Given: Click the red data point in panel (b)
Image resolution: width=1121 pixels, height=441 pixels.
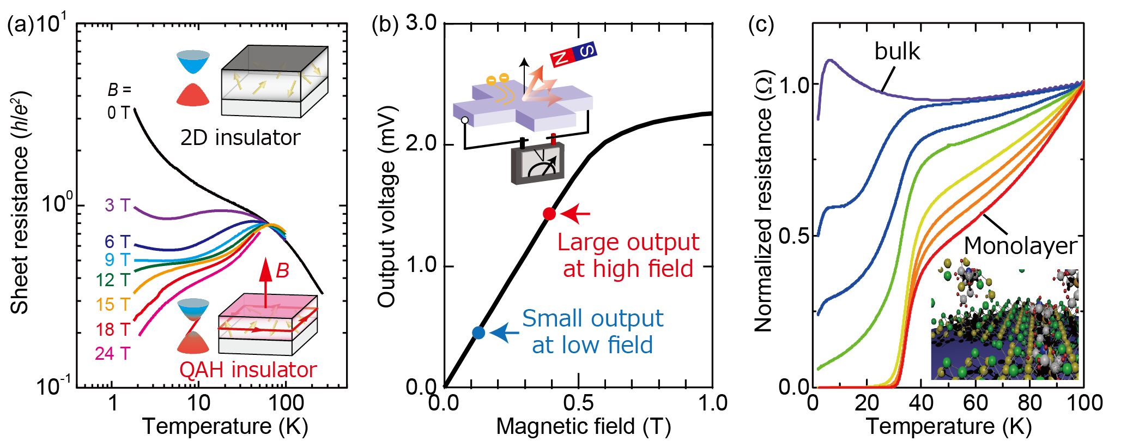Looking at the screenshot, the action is [x=549, y=214].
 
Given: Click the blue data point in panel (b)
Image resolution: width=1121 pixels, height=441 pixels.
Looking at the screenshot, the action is [x=478, y=333].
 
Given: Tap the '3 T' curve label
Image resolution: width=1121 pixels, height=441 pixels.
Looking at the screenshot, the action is [x=118, y=206].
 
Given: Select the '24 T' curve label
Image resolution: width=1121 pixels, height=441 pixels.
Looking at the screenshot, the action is [x=113, y=354].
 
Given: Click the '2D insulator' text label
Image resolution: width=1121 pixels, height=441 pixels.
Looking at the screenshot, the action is [x=240, y=138].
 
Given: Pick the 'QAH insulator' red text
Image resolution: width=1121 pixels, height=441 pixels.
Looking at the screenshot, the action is [x=248, y=370].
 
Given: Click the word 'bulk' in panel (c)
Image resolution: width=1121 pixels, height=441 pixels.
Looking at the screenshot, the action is [x=897, y=52].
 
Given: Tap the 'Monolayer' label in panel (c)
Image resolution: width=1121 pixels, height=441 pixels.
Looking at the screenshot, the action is [x=1021, y=246].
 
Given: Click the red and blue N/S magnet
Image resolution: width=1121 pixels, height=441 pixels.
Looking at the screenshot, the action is [x=573, y=54].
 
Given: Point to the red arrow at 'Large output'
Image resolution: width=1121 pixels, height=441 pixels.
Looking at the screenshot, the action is [x=575, y=214].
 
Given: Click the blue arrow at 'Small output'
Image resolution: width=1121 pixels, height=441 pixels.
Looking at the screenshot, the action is [x=504, y=333].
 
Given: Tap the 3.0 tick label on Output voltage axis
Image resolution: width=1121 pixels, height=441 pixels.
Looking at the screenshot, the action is [x=421, y=23].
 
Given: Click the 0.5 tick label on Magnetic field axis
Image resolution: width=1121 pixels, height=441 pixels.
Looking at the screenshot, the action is [x=578, y=403].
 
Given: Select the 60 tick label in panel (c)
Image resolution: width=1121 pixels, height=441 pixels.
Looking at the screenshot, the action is [x=975, y=403].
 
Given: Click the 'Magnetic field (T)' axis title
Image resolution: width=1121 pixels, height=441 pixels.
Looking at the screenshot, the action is [x=583, y=426].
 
